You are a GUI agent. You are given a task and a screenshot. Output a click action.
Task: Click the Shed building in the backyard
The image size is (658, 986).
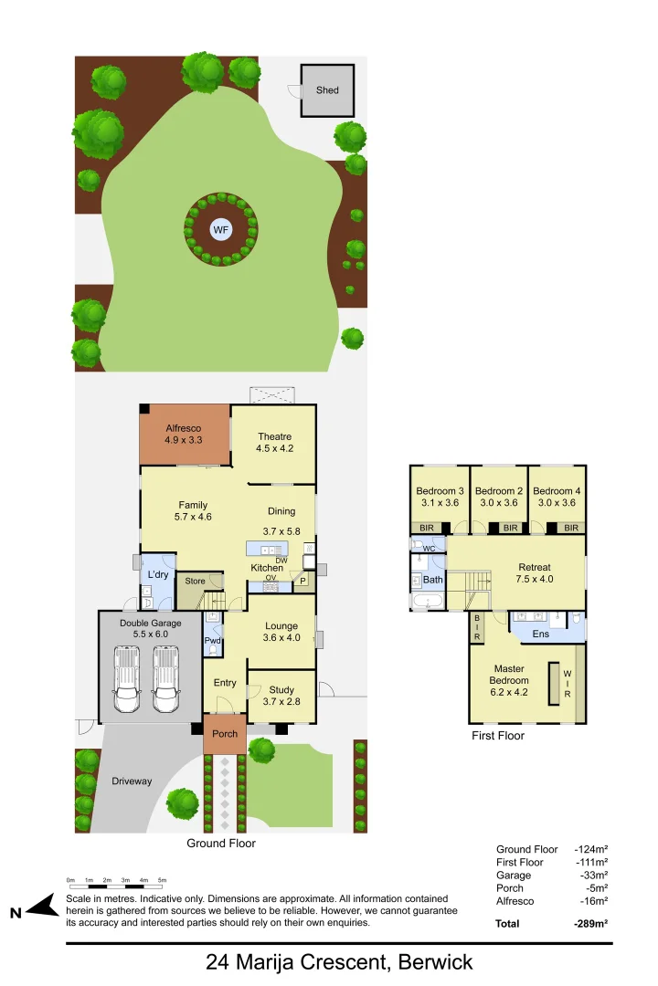click(327, 89)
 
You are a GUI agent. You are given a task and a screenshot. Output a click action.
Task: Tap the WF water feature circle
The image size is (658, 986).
click(220, 230)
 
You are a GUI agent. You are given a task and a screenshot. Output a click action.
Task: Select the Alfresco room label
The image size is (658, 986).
click(183, 427)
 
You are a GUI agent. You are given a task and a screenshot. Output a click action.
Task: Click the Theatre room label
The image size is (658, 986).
click(274, 436)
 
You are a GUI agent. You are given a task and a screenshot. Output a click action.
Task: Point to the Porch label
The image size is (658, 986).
click(225, 734)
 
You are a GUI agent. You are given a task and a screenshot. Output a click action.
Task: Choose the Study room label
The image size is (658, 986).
click(281, 689)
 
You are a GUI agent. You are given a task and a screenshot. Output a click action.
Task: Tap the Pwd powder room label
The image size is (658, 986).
click(212, 641)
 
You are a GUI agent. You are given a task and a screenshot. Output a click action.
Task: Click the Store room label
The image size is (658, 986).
click(196, 581)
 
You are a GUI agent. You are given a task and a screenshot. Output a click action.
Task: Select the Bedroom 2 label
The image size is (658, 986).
click(499, 491)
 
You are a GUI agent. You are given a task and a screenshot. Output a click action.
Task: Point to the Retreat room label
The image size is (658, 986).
click(535, 567)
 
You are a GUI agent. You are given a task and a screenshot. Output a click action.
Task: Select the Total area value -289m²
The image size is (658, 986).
click(591, 923)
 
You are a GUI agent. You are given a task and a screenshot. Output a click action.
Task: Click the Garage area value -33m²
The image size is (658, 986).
click(593, 876)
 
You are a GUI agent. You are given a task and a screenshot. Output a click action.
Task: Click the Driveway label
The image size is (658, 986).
click(132, 781)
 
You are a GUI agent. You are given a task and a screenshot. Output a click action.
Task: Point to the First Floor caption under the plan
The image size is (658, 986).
click(498, 735)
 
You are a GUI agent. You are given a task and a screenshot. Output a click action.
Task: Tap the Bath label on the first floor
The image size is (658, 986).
click(432, 580)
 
